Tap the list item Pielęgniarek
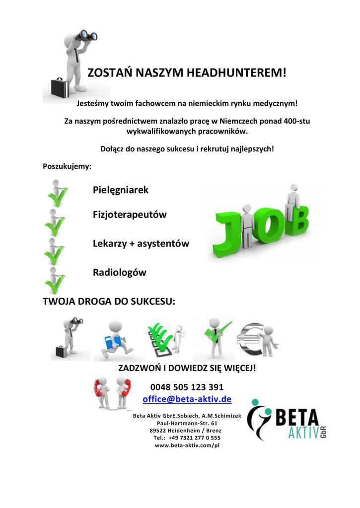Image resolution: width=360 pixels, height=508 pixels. tap(121, 190)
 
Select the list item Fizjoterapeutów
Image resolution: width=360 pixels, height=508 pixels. tap(130, 215)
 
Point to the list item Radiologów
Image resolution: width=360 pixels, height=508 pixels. tap(119, 272)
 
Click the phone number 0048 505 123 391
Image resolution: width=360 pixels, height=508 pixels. tap(187, 387)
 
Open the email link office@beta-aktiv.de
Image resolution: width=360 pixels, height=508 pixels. tap(187, 399)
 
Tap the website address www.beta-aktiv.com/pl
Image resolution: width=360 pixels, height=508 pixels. tap(187, 445)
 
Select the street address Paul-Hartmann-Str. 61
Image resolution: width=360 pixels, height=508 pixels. tap(187, 423)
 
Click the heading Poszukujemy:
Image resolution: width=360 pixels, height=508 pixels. tap(67, 167)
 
